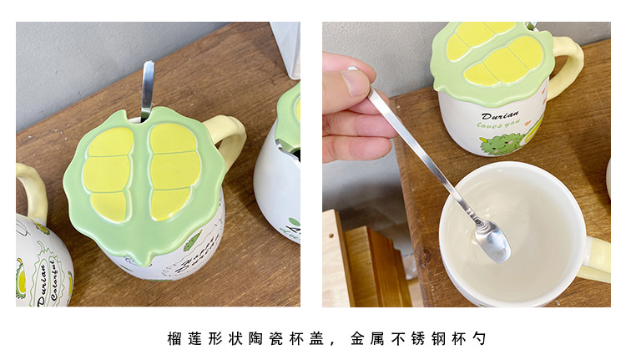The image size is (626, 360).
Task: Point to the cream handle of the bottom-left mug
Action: [30, 189]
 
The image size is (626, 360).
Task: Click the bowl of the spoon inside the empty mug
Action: [494, 242]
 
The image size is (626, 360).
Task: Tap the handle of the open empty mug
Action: [598, 259]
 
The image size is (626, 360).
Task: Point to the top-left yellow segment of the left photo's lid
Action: [112, 143]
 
